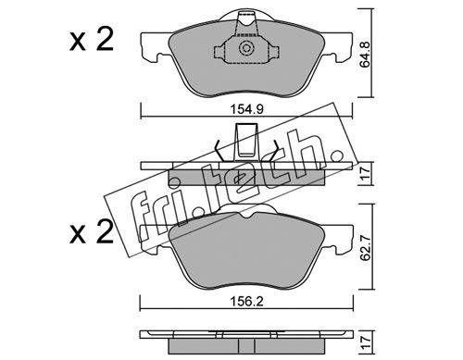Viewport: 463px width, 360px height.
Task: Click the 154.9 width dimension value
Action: pos(246,109)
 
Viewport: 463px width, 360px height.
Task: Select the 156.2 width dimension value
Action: pos(246,302)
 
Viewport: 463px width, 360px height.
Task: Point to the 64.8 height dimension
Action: pos(367,55)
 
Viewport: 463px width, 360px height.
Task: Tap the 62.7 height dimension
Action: pos(367,247)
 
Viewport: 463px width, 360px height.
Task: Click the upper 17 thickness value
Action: pos(366,174)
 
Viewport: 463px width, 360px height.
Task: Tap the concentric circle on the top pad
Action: pos(246,48)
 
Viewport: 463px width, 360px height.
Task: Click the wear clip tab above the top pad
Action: pos(246,22)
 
